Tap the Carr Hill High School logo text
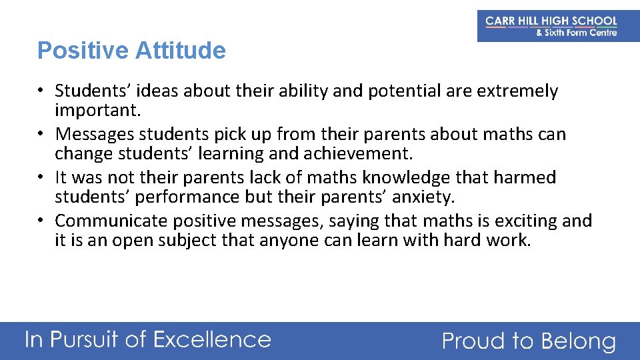tap(551, 21)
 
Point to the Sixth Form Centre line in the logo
tap(577, 33)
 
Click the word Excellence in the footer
tap(211, 340)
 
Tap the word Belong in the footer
tap(578, 341)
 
